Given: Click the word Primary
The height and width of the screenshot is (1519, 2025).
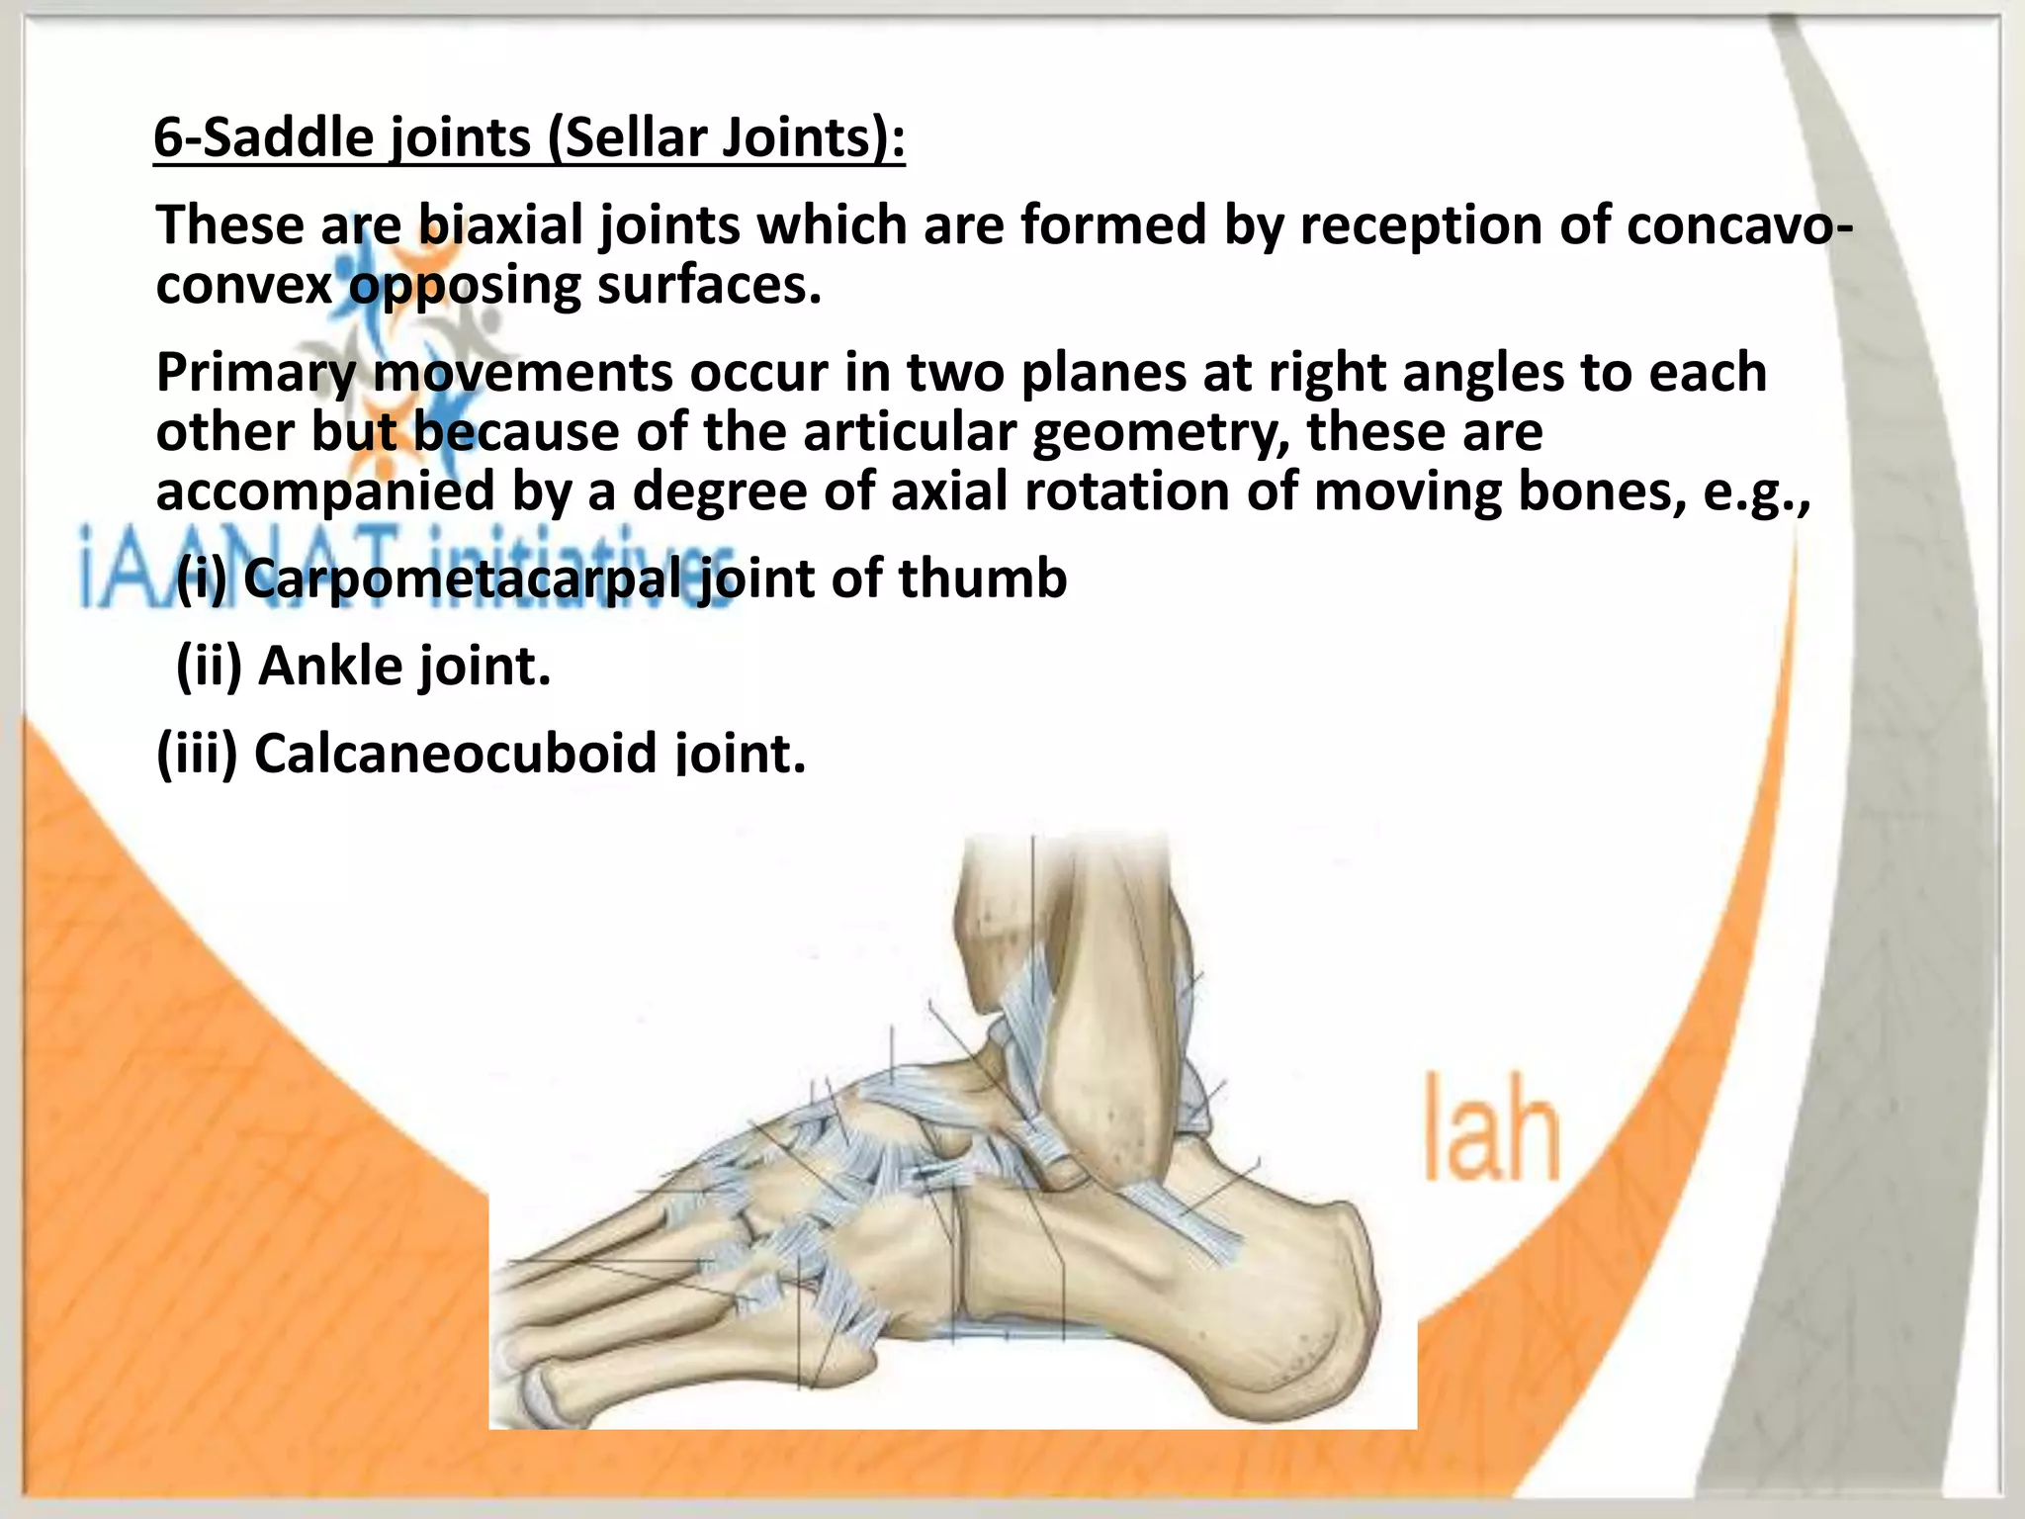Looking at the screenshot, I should [255, 374].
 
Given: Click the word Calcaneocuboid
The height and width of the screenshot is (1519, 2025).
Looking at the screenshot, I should [456, 754].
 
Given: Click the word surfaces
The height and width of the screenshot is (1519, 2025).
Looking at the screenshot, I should [709, 286].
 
